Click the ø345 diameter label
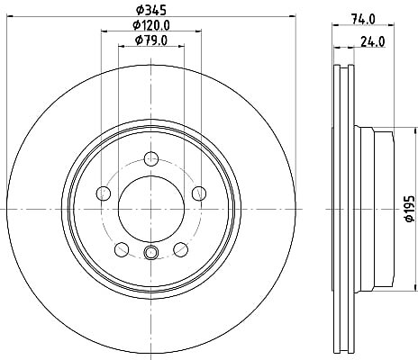151,11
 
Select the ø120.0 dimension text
151,26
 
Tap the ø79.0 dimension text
151,40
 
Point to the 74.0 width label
363,20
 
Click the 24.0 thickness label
372,42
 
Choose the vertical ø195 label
410,209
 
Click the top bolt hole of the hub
151,158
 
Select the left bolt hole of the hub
103,193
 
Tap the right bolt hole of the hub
199,193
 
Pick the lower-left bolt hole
122,249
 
